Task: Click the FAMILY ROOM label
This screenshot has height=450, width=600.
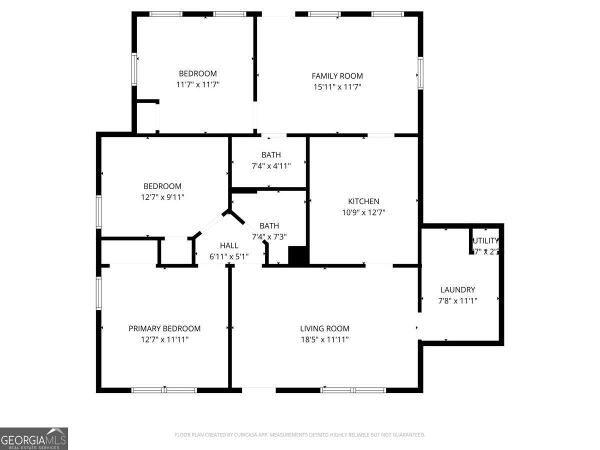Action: point(337,76)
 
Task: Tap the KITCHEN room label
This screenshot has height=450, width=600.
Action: point(363,201)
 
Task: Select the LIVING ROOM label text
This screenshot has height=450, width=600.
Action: point(324,328)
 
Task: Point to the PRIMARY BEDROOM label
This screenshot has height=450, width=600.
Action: point(164,328)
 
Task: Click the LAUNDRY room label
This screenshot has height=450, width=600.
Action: point(457,289)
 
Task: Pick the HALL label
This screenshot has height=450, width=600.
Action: point(229,245)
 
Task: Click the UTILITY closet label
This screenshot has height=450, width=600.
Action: point(485,241)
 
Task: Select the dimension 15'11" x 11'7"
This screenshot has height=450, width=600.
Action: point(337,87)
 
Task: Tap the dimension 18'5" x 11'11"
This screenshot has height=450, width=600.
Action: point(324,339)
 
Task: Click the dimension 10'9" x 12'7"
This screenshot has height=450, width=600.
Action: point(363,212)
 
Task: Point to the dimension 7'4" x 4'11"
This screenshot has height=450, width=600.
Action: point(270,165)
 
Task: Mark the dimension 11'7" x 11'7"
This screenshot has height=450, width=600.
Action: point(197,84)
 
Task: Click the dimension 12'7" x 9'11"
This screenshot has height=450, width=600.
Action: point(162,197)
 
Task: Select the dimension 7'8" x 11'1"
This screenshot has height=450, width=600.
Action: point(457,300)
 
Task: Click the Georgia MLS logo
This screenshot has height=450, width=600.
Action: point(33,438)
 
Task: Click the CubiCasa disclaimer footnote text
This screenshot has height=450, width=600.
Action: point(299,435)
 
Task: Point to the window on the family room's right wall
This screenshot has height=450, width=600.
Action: point(420,73)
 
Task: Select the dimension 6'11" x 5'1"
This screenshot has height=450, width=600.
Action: point(229,256)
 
